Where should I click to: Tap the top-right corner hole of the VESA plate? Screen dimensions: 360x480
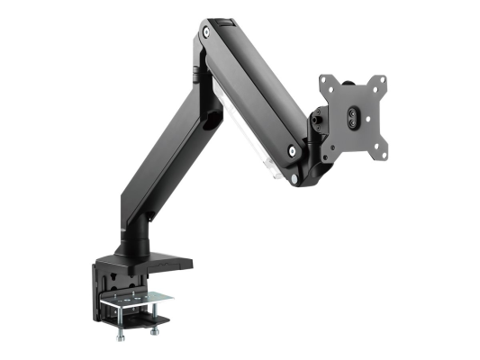click(381, 77)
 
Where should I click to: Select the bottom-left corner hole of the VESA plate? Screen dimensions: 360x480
click(330, 144)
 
